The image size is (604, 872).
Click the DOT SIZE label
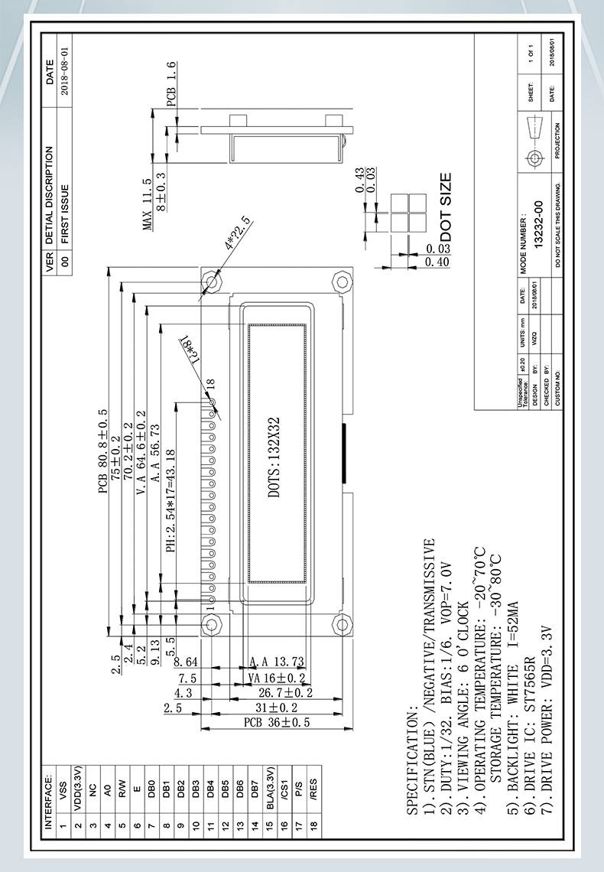click(x=446, y=207)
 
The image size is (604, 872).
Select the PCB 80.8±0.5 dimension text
click(x=104, y=452)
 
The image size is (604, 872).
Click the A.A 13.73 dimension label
click(x=277, y=662)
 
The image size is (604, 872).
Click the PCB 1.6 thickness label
click(x=171, y=83)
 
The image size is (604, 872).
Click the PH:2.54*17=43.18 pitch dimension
click(x=171, y=501)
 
